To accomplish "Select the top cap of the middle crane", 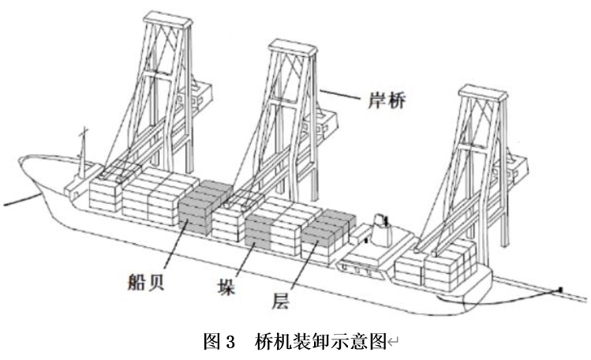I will click(x=293, y=51).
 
